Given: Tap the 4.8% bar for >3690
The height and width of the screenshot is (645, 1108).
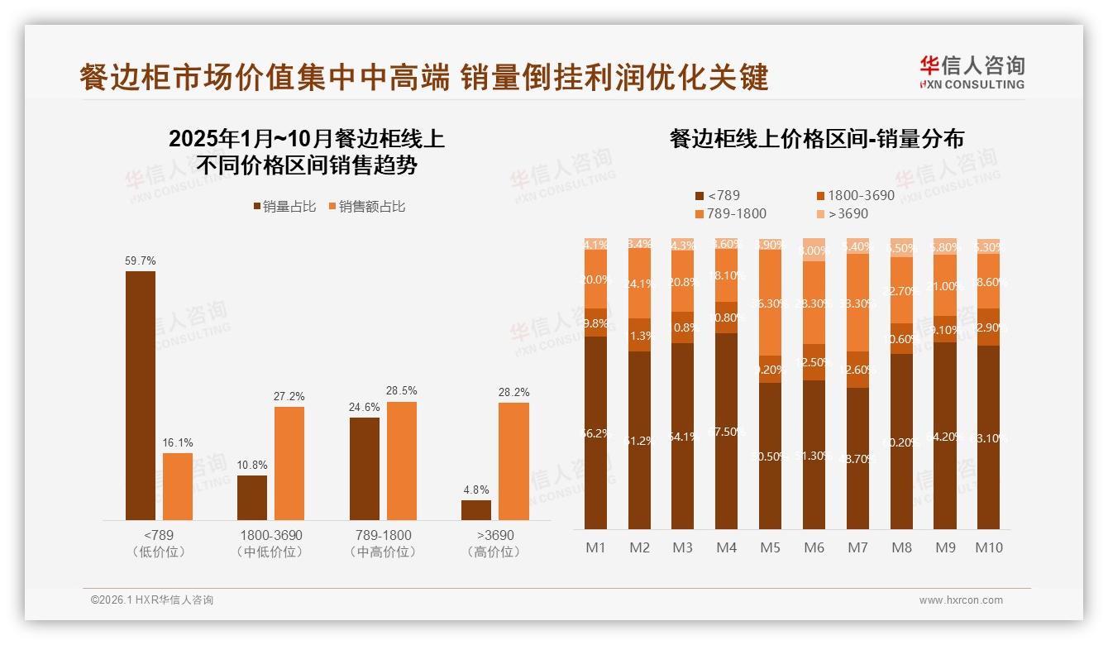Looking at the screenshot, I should coord(476,509).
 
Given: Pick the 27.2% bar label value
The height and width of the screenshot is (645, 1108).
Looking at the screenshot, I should coord(289,397).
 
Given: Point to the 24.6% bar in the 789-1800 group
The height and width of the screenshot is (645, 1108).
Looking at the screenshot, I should coord(365,468).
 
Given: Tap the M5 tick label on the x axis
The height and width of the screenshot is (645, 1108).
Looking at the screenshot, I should coord(770,547).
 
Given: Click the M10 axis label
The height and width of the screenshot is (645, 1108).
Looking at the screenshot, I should coord(988,547).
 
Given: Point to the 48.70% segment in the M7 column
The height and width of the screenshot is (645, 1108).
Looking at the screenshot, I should coord(857,458).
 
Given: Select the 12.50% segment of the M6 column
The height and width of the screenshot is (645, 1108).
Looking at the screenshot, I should coord(814,362).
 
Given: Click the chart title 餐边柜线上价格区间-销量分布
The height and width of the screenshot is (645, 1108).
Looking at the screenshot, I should coord(816,139).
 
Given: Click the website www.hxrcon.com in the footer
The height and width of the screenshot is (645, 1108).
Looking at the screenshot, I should coord(960,600).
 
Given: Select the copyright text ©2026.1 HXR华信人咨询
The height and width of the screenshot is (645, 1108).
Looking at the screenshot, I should coord(152,600).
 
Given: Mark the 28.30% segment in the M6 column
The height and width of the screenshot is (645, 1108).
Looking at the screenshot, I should coord(814,303).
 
